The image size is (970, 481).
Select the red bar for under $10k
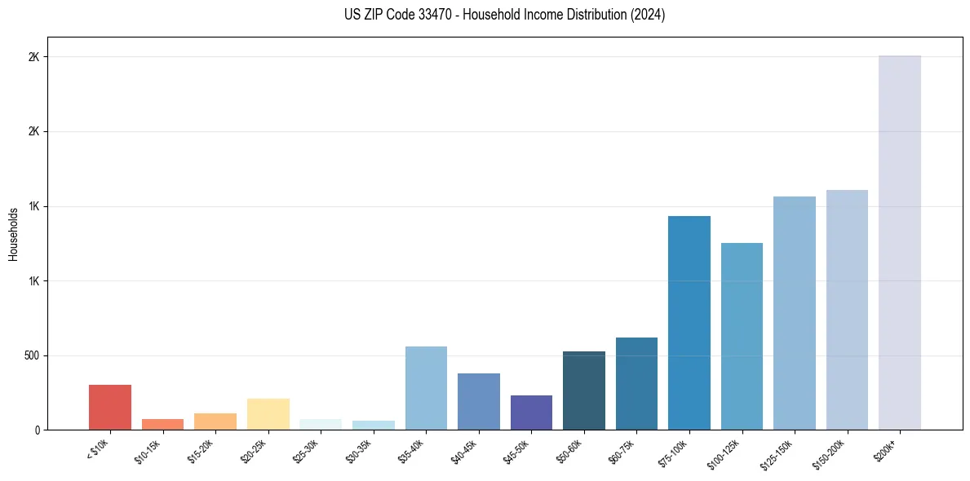pyautogui.click(x=110, y=408)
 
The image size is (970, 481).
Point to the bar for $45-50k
pyautogui.click(x=531, y=413)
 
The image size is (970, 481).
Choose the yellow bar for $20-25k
pyautogui.click(x=268, y=414)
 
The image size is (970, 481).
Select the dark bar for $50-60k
pyautogui.click(x=584, y=391)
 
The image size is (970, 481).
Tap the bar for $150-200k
pyautogui.click(x=847, y=310)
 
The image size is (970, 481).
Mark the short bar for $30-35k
pyautogui.click(x=374, y=425)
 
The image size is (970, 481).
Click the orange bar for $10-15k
pyautogui.click(x=162, y=424)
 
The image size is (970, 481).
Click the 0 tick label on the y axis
pyautogui.click(x=37, y=430)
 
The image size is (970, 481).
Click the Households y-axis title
pyautogui.click(x=13, y=234)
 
